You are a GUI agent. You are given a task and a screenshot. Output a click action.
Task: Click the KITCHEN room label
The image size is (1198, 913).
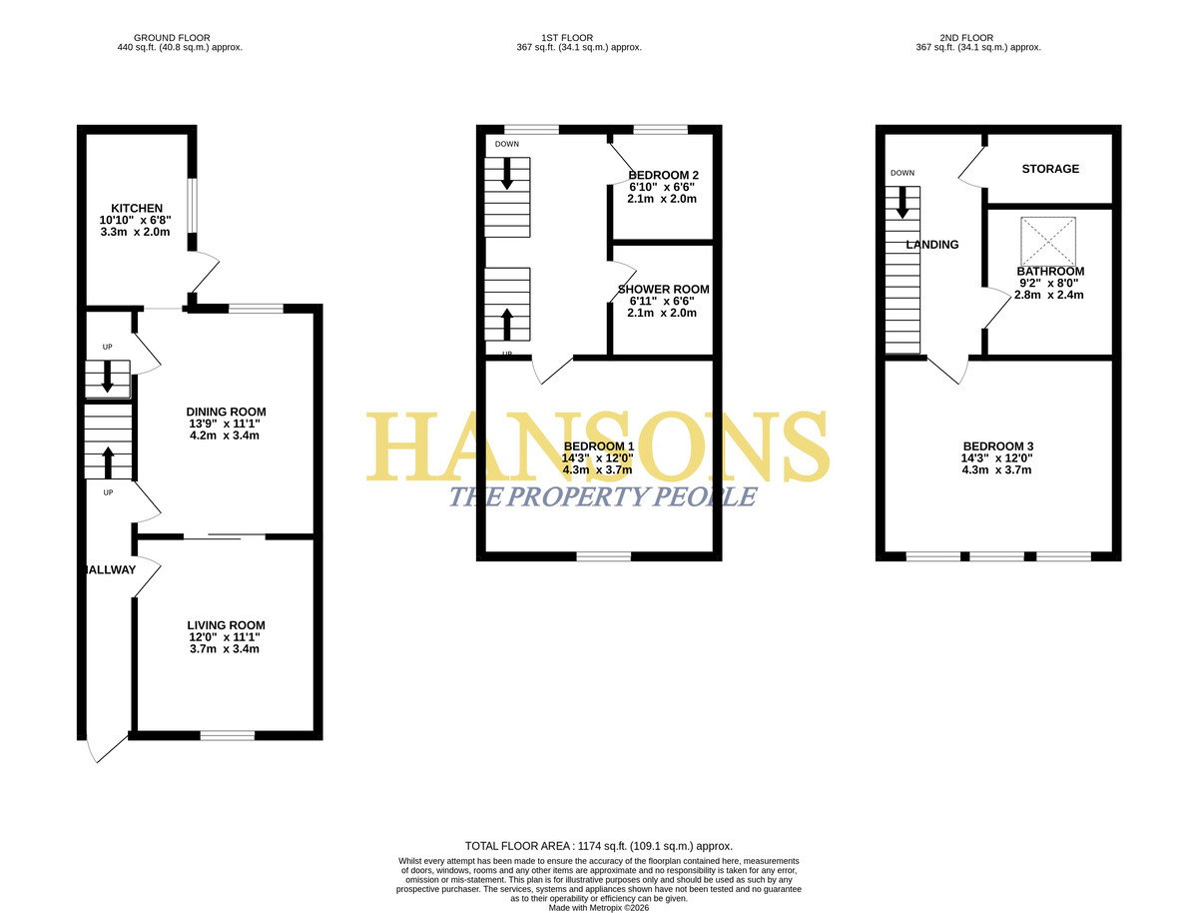137,208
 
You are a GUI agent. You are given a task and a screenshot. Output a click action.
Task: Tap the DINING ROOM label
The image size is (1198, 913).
226,412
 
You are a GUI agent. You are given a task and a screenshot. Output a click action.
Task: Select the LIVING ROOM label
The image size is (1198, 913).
226,625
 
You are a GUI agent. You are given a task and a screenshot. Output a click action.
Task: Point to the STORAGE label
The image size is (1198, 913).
1050,169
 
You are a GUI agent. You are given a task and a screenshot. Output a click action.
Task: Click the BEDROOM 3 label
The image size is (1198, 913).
998,447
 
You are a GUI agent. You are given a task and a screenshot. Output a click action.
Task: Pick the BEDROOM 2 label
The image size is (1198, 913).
663,175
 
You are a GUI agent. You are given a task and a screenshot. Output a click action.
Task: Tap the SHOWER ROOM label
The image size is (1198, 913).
663,290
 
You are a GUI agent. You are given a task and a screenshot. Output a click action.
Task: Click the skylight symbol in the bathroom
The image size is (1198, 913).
1048,242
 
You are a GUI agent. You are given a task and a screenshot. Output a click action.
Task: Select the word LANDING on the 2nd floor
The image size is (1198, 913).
932,245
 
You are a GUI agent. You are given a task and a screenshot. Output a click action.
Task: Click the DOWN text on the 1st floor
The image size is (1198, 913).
507,144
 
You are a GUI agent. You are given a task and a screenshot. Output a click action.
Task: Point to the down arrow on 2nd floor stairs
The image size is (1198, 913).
902,203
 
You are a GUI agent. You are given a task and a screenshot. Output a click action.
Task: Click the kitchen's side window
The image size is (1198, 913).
192,206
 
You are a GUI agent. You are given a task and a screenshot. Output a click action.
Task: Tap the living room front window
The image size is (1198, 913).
227,735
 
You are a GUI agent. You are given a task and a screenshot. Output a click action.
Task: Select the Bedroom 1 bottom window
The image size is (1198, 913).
604,556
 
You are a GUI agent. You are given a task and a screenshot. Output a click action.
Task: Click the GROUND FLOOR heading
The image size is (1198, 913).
172,38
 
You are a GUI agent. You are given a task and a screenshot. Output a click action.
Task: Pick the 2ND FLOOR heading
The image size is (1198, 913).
966,38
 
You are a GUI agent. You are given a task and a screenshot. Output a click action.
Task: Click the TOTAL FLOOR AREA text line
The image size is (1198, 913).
599,846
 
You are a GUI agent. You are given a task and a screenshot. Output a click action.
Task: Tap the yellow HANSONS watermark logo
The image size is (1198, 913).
598,447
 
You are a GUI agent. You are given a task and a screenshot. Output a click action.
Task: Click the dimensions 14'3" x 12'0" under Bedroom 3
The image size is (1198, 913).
996,458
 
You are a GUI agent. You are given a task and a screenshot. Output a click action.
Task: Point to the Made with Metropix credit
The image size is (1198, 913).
599,908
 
